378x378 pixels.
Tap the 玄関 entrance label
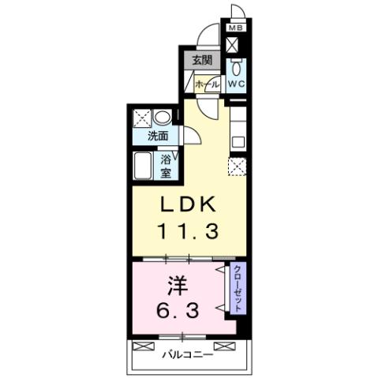coord(202,61)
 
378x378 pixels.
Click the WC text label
coord(237,82)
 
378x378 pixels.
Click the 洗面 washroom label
coord(159,136)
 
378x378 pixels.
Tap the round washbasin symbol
coord(160,116)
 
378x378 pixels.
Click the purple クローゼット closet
coord(237,287)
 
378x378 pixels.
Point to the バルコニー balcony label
coord(188,353)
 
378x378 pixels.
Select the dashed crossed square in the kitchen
coord(237,167)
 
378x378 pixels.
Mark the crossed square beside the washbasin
coord(143,118)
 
